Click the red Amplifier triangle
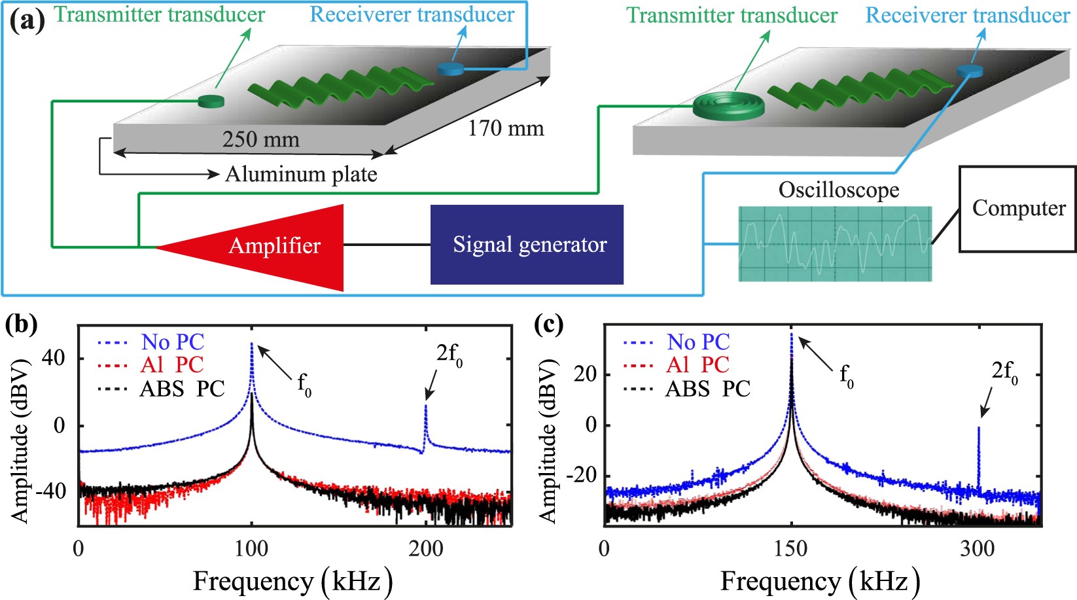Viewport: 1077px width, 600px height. [275, 247]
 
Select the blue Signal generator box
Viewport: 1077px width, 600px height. [527, 245]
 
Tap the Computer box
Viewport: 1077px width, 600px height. [1017, 209]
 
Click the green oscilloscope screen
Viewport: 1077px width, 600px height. [835, 244]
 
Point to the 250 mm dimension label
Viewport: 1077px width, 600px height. [260, 139]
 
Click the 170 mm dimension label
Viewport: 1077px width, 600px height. [505, 128]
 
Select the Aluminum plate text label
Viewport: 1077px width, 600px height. [301, 175]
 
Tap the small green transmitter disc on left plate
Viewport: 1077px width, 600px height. [211, 101]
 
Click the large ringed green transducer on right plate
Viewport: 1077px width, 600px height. [728, 105]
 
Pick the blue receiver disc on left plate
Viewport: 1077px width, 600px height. [450, 68]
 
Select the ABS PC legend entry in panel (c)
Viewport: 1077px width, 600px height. [707, 389]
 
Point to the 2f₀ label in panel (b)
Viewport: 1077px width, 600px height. [450, 355]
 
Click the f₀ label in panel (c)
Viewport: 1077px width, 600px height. [846, 376]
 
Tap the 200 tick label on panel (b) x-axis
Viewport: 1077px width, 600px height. [426, 548]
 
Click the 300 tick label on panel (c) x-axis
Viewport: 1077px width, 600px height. [978, 548]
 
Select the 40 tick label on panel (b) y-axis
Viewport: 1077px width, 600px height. [54, 358]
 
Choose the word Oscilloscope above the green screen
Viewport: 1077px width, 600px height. [838, 190]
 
